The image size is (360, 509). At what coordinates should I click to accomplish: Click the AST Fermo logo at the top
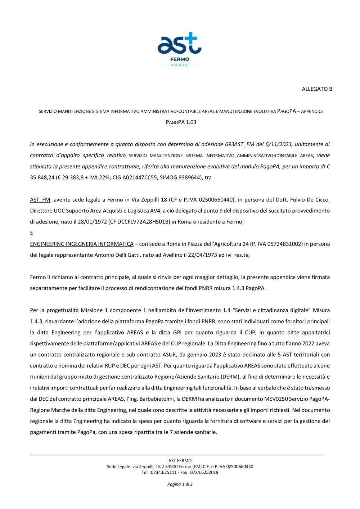pyautogui.click(x=180, y=49)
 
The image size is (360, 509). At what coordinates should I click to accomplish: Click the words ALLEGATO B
pyautogui.click(x=317, y=89)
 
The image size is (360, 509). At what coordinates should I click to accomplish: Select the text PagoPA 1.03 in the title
pyautogui.click(x=181, y=122)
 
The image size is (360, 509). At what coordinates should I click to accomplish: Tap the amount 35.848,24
pyautogui.click(x=42, y=177)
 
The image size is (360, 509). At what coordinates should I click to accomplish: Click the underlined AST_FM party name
pyautogui.click(x=40, y=200)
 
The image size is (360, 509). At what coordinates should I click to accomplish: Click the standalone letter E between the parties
pyautogui.click(x=31, y=233)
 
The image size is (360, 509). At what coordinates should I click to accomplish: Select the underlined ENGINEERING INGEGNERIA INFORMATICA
pyautogui.click(x=82, y=244)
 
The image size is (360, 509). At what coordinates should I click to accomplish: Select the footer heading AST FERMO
pyautogui.click(x=180, y=460)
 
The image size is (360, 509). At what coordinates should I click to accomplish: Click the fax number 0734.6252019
pyautogui.click(x=204, y=472)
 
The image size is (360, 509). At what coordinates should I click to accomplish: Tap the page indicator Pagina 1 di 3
pyautogui.click(x=180, y=484)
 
